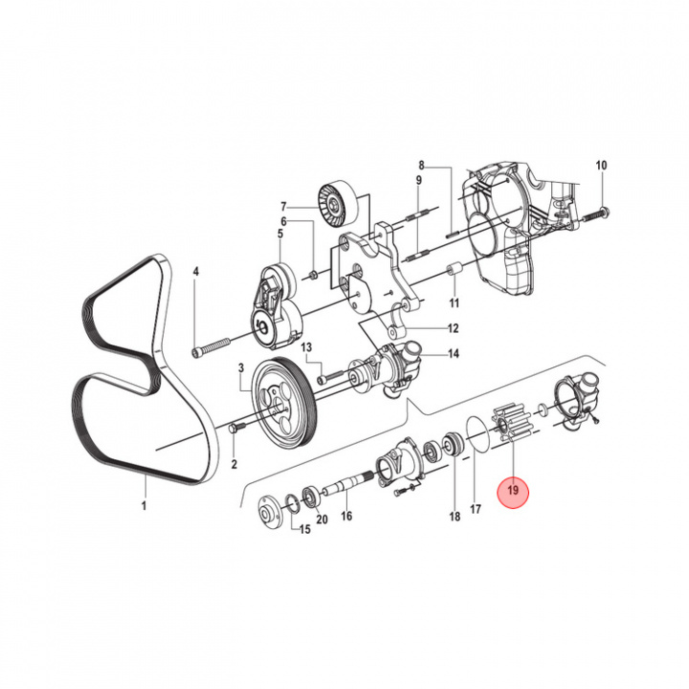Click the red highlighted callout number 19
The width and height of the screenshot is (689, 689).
pos(513,491)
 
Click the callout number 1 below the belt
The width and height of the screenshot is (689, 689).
pos(144,504)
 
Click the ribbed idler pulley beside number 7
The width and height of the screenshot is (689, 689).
pos(336,203)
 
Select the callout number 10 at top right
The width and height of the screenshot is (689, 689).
pos(601,166)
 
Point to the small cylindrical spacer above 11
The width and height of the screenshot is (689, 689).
pos(456,272)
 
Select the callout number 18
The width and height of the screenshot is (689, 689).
pos(455,516)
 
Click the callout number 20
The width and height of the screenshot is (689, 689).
pos(322,520)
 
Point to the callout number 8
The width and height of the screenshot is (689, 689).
pos(419,166)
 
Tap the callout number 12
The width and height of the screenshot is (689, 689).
pos(454,326)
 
